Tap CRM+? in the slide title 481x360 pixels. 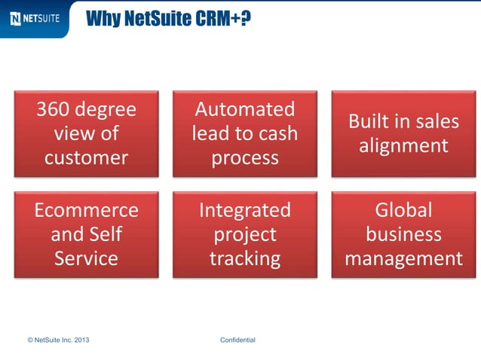pyautogui.click(x=222, y=17)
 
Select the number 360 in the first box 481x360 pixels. pyautogui.click(x=54, y=109)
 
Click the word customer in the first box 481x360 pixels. pyautogui.click(x=86, y=157)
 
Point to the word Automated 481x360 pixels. pyautogui.click(x=244, y=109)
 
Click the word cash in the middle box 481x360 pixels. pyautogui.click(x=276, y=133)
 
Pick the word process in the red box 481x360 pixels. pyautogui.click(x=244, y=157)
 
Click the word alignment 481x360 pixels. pyautogui.click(x=403, y=145)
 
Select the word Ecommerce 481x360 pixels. pyautogui.click(x=86, y=209)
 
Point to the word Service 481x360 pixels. pyautogui.click(x=86, y=258)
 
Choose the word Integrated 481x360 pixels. pyautogui.click(x=244, y=209)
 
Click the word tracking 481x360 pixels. pyautogui.click(x=244, y=258)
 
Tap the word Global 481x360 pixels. pyautogui.click(x=403, y=209)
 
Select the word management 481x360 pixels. pyautogui.click(x=403, y=258)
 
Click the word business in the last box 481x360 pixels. pyautogui.click(x=403, y=234)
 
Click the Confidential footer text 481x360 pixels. pyautogui.click(x=237, y=340)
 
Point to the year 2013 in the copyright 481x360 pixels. pyautogui.click(x=81, y=340)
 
